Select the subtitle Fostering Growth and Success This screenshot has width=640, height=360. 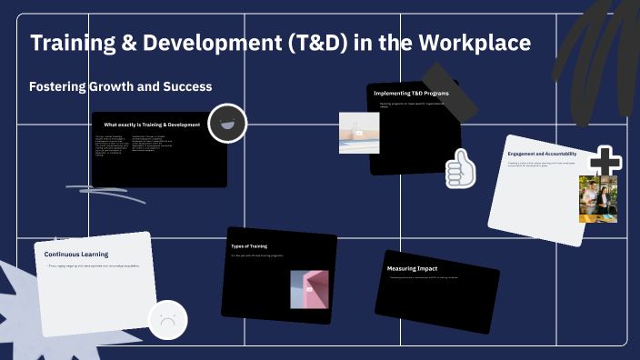click(121, 87)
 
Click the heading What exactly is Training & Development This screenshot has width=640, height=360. click(152, 125)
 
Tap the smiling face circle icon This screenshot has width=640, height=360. click(227, 124)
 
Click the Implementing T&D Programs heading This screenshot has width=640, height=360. click(411, 93)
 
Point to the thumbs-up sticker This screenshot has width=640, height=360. click(461, 168)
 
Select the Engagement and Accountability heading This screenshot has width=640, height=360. click(543, 154)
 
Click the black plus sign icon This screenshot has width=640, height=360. click(605, 163)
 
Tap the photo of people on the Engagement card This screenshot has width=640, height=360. click(597, 198)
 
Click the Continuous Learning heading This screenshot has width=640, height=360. click(76, 254)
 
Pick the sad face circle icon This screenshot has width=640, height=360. click(167, 320)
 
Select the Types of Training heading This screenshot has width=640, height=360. click(249, 245)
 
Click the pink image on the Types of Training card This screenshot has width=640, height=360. click(309, 289)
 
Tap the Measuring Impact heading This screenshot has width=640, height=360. click(415, 268)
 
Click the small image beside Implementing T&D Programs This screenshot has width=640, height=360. click(358, 133)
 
